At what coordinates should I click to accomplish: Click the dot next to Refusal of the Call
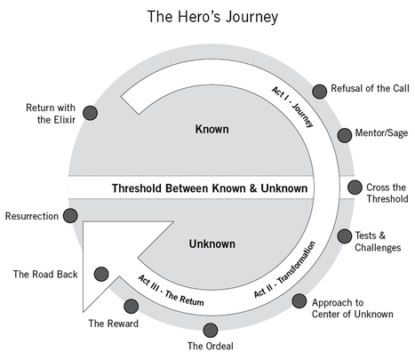point(319,92)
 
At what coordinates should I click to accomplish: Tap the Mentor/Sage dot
point(345,135)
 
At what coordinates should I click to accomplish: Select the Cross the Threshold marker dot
point(355,188)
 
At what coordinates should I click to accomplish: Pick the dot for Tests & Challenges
point(345,236)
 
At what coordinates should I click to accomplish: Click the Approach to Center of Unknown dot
point(299,301)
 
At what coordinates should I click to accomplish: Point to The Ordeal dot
point(211,330)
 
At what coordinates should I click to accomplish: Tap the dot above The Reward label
point(131,306)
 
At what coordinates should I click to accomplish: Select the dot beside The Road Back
point(101,274)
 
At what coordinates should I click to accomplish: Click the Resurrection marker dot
point(70,216)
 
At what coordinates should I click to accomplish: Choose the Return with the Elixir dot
point(90,113)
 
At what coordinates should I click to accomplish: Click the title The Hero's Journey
point(212,17)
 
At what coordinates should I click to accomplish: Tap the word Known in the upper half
point(211,129)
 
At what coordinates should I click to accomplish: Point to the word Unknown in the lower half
point(212,244)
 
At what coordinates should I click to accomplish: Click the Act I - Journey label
point(292,107)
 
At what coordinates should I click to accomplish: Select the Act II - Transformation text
point(284,269)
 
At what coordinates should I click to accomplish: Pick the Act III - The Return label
point(171,291)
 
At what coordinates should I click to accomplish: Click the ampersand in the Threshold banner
point(253,188)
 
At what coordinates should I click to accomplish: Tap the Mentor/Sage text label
point(381,133)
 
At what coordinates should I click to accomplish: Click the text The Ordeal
point(211,346)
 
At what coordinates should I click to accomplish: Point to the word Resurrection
point(32,216)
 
